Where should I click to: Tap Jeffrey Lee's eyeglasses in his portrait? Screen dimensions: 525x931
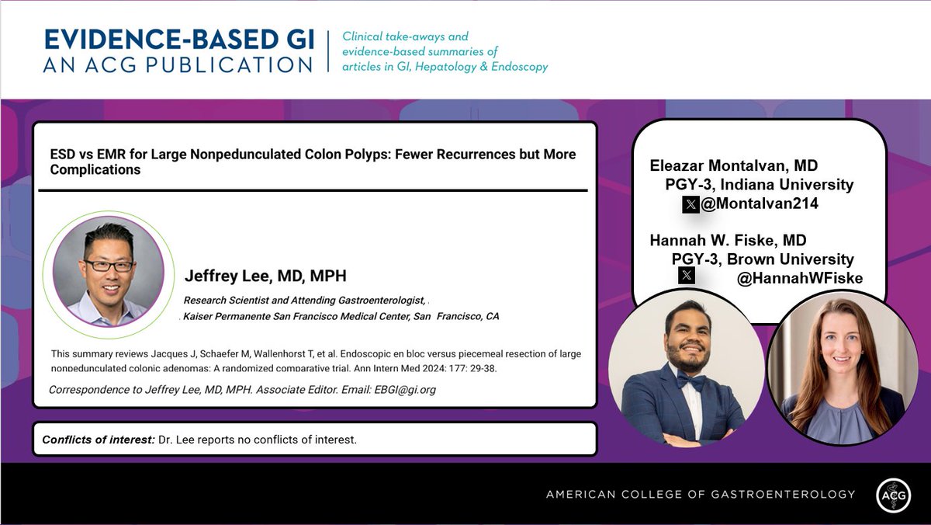[x=109, y=266]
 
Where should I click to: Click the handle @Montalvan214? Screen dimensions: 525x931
[x=760, y=204]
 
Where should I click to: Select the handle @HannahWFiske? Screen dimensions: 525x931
[x=799, y=278]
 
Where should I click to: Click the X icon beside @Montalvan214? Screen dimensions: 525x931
[x=690, y=204]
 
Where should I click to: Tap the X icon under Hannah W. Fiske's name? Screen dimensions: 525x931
[x=686, y=275]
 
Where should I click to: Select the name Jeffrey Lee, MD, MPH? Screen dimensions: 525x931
[x=265, y=276]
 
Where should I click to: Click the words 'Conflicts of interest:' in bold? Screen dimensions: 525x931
[x=99, y=440]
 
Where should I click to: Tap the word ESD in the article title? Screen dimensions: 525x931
[x=63, y=155]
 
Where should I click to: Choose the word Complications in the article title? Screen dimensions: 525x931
[x=95, y=169]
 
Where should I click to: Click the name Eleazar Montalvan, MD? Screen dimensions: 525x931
[x=733, y=165]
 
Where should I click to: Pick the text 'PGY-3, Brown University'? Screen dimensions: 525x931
[x=763, y=259]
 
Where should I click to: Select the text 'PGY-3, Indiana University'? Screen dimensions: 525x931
[x=759, y=185]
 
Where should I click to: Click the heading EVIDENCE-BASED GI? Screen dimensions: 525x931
[x=179, y=40]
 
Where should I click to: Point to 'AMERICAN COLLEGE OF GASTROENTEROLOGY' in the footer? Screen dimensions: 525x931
[x=701, y=494]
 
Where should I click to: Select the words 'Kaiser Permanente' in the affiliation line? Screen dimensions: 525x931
[x=220, y=317]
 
